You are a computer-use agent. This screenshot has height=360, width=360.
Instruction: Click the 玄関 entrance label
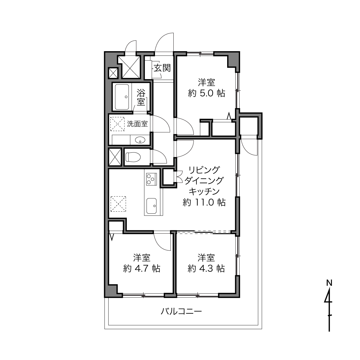tap(162, 68)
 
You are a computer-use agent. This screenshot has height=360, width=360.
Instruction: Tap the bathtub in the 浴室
tap(122, 97)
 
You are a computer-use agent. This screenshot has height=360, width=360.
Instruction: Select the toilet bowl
tap(133, 157)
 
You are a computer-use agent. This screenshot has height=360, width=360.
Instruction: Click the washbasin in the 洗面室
tap(140, 140)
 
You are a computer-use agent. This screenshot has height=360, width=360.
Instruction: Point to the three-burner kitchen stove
tap(151, 179)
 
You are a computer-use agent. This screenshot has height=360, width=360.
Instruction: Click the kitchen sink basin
tap(152, 206)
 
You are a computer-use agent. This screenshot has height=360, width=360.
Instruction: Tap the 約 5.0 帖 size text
tap(206, 93)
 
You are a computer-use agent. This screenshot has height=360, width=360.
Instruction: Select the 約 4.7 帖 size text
tap(142, 269)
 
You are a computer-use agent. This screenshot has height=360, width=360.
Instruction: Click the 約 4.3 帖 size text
tap(206, 269)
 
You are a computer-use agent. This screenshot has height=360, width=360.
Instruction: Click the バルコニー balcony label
tap(181, 312)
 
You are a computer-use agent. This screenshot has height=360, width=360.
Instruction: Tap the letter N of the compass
tap(329, 283)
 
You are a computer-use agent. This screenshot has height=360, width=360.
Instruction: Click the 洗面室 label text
tap(137, 124)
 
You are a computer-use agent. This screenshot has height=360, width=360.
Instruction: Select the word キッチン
tap(204, 191)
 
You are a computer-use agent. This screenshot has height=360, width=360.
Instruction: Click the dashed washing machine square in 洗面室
tap(117, 124)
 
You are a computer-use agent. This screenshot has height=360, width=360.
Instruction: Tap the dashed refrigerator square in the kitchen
tap(118, 204)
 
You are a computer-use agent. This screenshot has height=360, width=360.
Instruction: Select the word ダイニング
tap(204, 181)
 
